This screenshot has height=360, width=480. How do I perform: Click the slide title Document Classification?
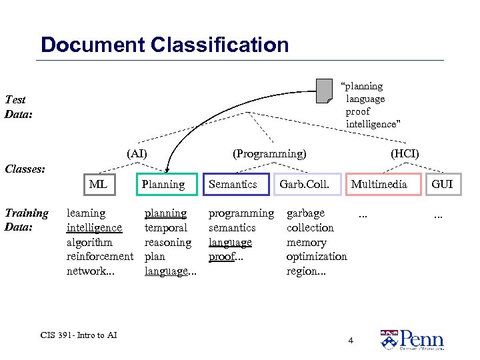[165, 45]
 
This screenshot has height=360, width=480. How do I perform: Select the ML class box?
[97, 184]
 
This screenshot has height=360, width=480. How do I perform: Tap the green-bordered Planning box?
[163, 184]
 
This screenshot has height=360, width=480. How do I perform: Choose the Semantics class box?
[233, 184]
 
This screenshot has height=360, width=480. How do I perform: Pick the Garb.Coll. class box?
[305, 184]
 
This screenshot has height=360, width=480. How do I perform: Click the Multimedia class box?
[379, 184]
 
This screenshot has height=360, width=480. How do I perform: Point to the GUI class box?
[442, 184]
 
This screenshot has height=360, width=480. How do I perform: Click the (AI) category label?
[137, 154]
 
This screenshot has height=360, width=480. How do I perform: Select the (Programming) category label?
[269, 154]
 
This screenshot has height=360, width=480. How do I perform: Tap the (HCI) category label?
[405, 154]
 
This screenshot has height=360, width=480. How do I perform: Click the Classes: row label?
[25, 169]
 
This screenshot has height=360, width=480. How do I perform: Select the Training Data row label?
[27, 220]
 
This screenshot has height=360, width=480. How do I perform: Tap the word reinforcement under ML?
[100, 257]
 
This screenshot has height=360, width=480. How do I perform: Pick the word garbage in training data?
[305, 213]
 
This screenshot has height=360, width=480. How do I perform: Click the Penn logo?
[412, 339]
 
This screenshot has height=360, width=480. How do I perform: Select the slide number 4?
[351, 341]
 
